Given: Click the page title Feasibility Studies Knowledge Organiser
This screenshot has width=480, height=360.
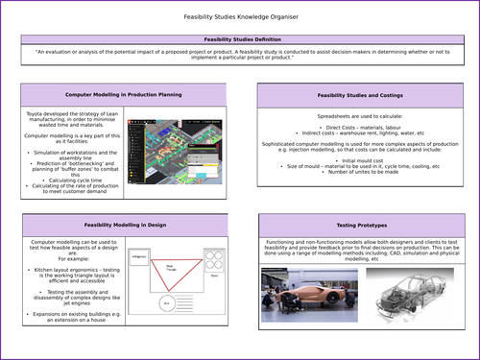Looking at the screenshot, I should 239,18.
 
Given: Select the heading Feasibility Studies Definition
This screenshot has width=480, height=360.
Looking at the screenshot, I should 239,39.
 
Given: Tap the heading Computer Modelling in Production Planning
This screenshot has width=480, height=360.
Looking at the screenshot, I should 123,96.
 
